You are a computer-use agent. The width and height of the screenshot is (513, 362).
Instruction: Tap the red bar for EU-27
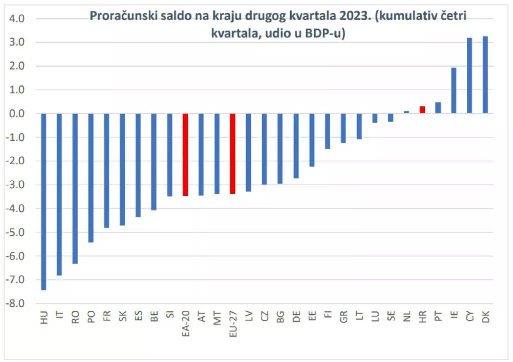pos(232,153)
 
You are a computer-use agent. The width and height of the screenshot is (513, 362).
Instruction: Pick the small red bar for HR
pos(422,110)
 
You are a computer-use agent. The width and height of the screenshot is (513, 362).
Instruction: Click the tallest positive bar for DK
pos(485,75)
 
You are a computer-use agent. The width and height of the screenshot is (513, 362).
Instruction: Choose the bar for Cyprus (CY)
pos(469,76)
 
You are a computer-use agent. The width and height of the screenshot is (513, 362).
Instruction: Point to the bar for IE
pos(454,90)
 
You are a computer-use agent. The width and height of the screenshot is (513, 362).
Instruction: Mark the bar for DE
pos(296,146)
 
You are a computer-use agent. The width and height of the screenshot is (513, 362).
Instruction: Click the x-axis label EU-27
pos(232,323)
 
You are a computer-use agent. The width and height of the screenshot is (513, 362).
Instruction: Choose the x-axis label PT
pos(438,317)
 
